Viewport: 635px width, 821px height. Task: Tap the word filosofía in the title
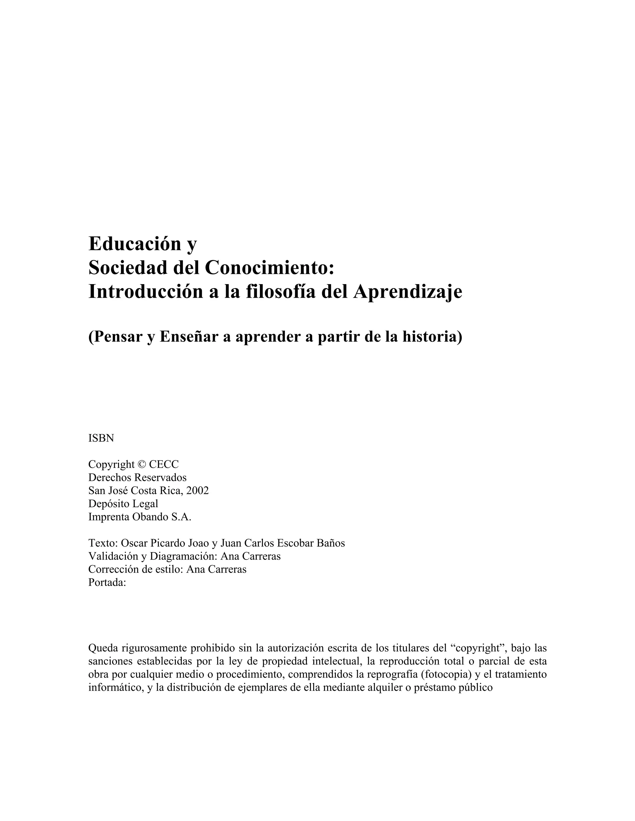tap(280, 292)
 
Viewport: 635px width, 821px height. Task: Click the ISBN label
tap(101, 438)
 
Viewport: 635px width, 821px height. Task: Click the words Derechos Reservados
tap(137, 477)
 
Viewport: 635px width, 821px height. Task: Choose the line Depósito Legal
tap(123, 504)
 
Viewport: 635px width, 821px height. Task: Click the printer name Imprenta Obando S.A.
tap(140, 517)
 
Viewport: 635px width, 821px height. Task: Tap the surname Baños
tap(331, 543)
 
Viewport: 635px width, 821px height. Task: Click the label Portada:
tap(107, 582)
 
